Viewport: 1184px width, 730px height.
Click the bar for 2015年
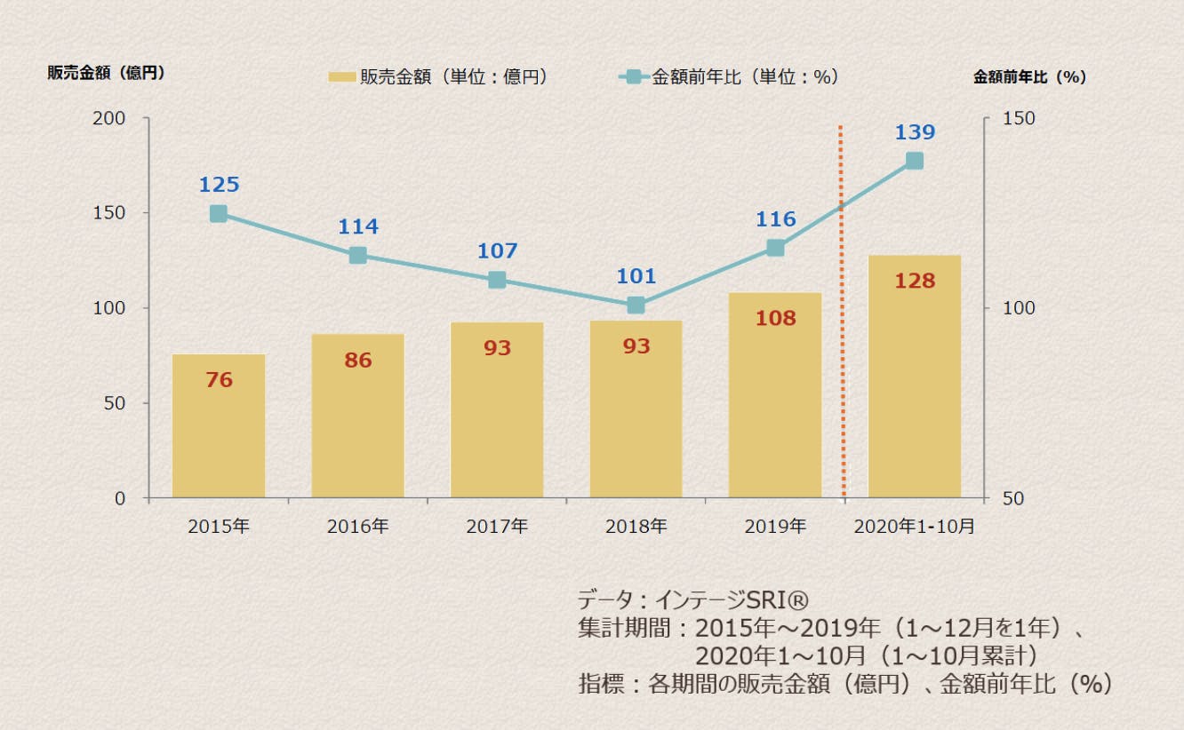coord(219,426)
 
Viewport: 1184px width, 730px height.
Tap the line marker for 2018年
coord(636,305)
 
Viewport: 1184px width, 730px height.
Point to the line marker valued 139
coord(914,161)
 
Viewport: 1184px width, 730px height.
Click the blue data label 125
coord(219,185)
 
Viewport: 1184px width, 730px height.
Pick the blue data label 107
coord(497,251)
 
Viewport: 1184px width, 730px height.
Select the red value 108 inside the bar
coord(775,318)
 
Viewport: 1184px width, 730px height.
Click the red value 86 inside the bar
coord(357,361)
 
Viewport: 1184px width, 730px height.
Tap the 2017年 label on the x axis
coord(497,526)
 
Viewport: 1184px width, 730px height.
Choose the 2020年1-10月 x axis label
coord(914,526)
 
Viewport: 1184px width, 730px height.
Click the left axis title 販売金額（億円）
coord(107,74)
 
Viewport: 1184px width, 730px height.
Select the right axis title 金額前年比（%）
coord(1030,77)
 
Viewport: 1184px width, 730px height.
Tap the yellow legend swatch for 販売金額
coord(341,77)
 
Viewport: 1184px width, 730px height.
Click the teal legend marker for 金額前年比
coord(633,77)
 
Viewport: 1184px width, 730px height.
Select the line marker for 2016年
coord(357,256)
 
